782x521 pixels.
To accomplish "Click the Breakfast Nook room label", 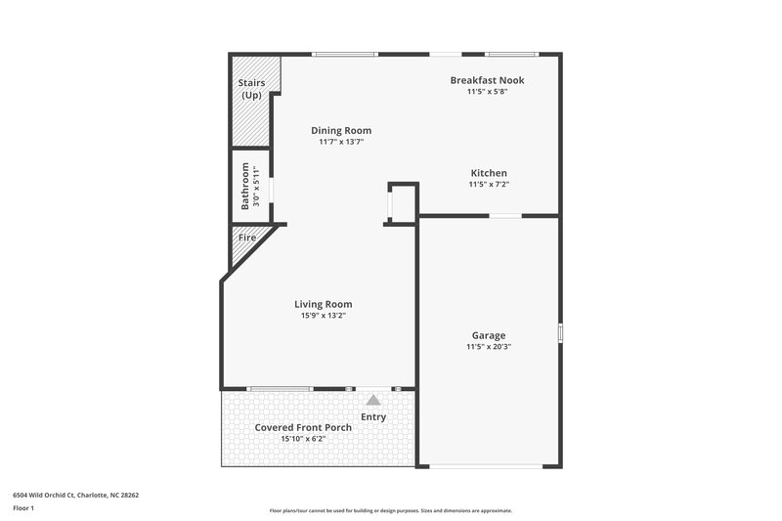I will click(487, 80).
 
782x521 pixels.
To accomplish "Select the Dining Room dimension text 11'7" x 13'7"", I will click(341, 142).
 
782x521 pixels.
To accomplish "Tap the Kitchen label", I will click(488, 173).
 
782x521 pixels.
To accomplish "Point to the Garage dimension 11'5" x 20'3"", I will click(488, 347).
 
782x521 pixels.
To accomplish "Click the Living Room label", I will click(323, 304).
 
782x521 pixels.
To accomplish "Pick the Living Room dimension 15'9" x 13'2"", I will click(323, 316).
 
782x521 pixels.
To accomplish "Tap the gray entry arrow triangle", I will click(372, 400).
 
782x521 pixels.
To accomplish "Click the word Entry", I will click(372, 417).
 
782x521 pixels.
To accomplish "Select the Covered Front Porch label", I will click(303, 428).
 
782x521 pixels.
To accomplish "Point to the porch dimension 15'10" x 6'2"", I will click(303, 440).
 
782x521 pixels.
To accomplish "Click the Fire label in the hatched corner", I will click(246, 238).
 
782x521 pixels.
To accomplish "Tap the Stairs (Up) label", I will click(251, 89).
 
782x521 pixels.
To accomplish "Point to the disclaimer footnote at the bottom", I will click(390, 510).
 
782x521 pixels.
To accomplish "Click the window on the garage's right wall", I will click(560, 333).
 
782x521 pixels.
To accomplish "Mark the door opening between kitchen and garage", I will click(504, 215).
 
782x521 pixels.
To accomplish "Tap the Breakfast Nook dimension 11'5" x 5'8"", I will click(487, 92).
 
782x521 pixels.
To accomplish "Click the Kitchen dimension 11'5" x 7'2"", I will click(488, 185).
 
